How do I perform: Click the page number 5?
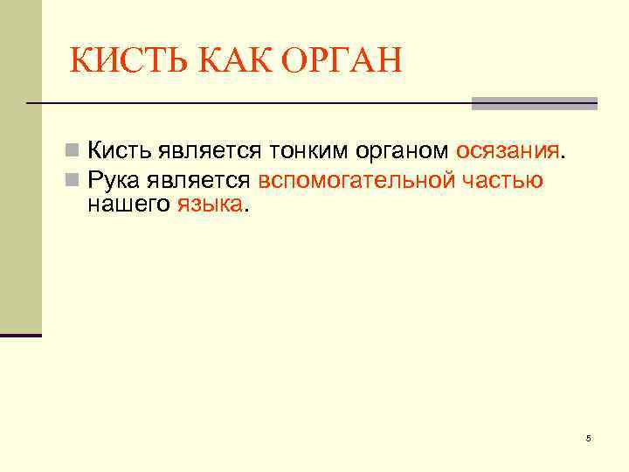[588, 438]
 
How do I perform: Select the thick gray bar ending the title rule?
[534, 103]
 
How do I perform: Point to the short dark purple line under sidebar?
[21, 335]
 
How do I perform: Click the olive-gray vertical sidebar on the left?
[20, 166]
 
